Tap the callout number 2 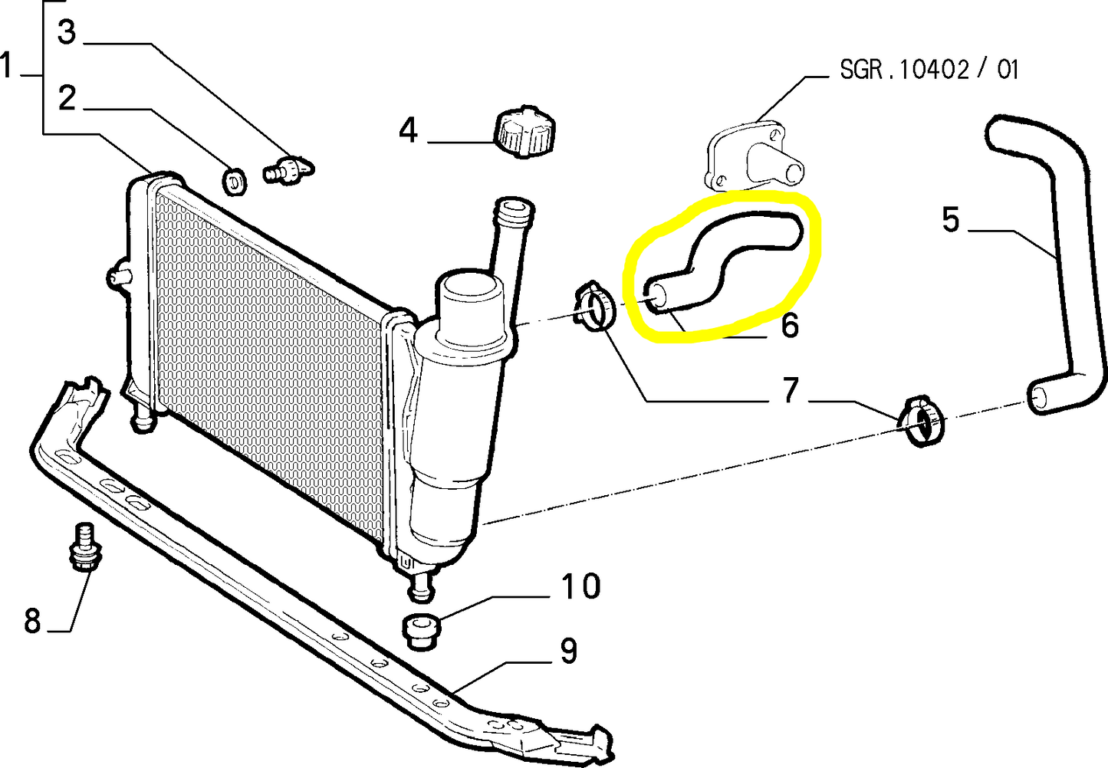[67, 98]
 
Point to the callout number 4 [408, 130]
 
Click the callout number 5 [950, 219]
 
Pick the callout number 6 [790, 325]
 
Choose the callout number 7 [791, 390]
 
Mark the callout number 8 [32, 620]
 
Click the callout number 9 [568, 651]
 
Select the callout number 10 [580, 586]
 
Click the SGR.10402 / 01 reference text [929, 70]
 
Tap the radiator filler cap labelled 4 [524, 131]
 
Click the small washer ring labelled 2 [235, 182]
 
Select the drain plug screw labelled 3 [288, 169]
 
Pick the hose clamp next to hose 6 [594, 306]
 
